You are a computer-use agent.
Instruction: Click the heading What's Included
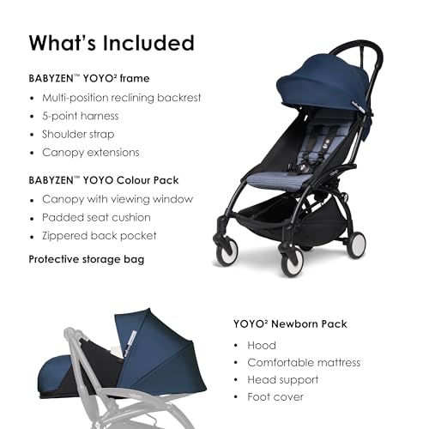tap(112, 43)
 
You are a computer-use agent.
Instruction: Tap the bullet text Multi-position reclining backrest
tap(122, 97)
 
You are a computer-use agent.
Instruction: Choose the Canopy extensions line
tap(91, 153)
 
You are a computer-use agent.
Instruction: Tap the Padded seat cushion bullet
tap(95, 218)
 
